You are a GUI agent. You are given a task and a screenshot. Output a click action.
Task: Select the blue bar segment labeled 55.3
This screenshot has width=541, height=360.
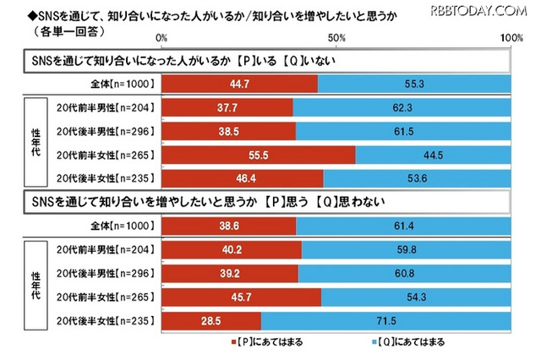413,84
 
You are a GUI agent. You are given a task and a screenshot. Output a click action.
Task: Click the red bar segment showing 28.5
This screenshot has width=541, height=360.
210,320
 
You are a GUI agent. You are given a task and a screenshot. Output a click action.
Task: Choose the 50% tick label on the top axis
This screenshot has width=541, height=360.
336,39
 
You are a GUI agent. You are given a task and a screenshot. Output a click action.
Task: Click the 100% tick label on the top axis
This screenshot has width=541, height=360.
510,39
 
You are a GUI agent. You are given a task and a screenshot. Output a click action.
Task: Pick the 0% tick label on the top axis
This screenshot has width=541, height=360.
161,39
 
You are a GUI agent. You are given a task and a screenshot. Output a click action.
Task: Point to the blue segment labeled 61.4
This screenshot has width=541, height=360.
403,226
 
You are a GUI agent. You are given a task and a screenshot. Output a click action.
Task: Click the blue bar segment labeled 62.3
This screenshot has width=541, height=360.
401,107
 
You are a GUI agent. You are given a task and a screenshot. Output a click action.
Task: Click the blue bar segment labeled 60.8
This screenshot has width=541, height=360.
403,273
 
